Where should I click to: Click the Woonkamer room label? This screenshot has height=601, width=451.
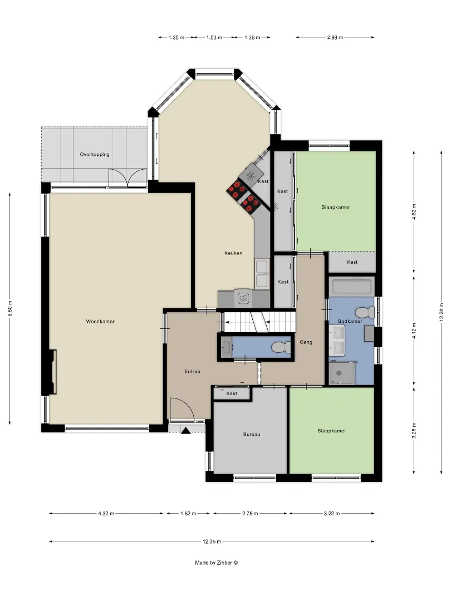point(100,322)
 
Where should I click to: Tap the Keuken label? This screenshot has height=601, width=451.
point(233,253)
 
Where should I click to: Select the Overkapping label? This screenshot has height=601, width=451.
point(95,155)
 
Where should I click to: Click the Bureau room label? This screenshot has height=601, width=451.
point(252,434)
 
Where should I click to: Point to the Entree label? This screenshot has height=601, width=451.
point(192,371)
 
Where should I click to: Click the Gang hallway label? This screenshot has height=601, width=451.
point(306,342)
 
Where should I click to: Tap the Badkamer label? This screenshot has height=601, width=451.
point(350,321)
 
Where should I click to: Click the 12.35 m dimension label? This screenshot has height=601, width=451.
point(212,541)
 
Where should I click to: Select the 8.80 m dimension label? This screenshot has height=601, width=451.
point(11,308)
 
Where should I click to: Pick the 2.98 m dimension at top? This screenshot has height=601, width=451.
point(335,38)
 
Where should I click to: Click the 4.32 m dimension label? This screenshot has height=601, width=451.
point(106,514)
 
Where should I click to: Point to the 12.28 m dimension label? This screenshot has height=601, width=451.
point(442,312)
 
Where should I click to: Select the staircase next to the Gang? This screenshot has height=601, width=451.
point(260,321)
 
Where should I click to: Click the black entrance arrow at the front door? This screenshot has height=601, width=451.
point(185,430)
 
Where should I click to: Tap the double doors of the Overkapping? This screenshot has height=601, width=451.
point(128,178)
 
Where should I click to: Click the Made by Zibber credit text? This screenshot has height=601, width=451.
point(216,563)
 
